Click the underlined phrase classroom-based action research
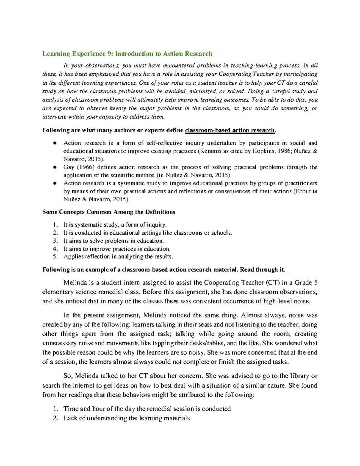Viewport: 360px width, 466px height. (230, 130)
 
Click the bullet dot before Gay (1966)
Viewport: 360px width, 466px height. (55, 167)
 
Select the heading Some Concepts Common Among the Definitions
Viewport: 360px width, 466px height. (109, 212)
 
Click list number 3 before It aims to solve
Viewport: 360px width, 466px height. (55, 241)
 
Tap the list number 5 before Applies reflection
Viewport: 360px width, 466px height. (55, 257)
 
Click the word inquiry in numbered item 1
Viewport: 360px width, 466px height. (156, 225)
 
